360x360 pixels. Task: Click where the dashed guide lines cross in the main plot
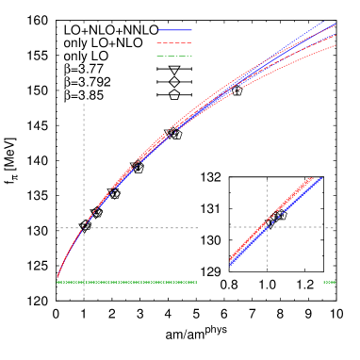coord(84,227)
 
